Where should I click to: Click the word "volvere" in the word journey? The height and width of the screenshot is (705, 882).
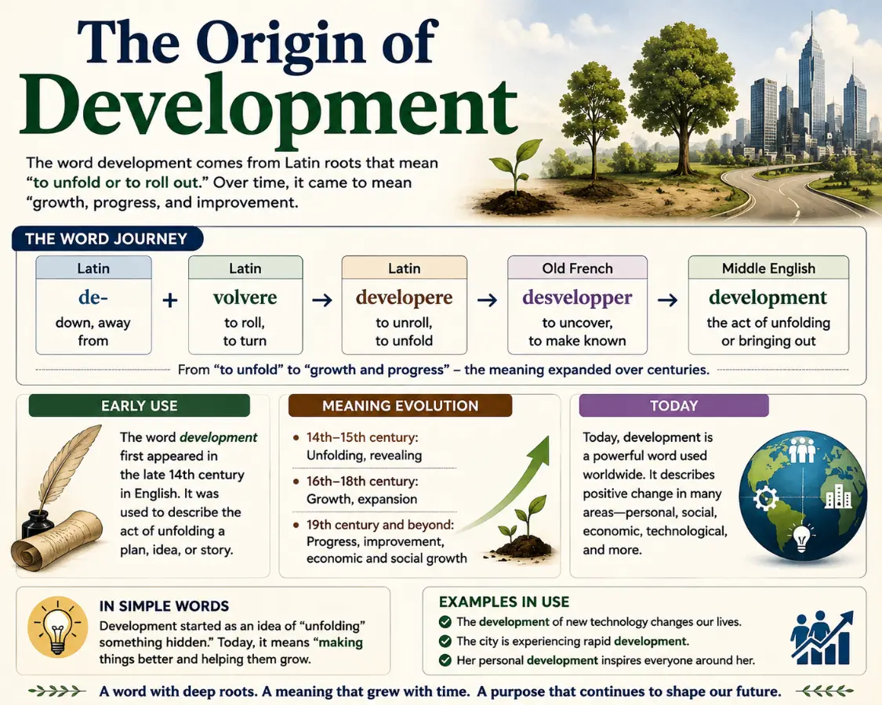[245, 298]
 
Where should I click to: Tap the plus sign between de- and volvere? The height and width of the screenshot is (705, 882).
[170, 300]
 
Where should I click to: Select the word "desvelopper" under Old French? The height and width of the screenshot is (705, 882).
[577, 298]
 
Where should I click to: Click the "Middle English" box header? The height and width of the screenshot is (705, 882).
[768, 268]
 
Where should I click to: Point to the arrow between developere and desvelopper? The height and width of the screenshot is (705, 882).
[487, 300]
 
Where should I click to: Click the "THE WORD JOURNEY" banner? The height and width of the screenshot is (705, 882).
[107, 239]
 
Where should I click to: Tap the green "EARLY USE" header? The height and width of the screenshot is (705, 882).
[139, 405]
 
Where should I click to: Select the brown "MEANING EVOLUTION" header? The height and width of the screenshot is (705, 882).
[400, 405]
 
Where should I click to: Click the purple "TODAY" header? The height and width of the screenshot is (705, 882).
[673, 405]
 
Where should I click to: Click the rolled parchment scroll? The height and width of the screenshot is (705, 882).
[56, 540]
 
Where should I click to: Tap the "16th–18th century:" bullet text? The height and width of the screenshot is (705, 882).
[361, 481]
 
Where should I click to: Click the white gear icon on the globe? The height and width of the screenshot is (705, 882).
[765, 497]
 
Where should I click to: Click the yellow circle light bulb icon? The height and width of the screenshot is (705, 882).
[57, 627]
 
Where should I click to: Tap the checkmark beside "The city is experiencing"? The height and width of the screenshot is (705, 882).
[445, 641]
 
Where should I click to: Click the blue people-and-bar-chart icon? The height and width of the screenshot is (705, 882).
[822, 638]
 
